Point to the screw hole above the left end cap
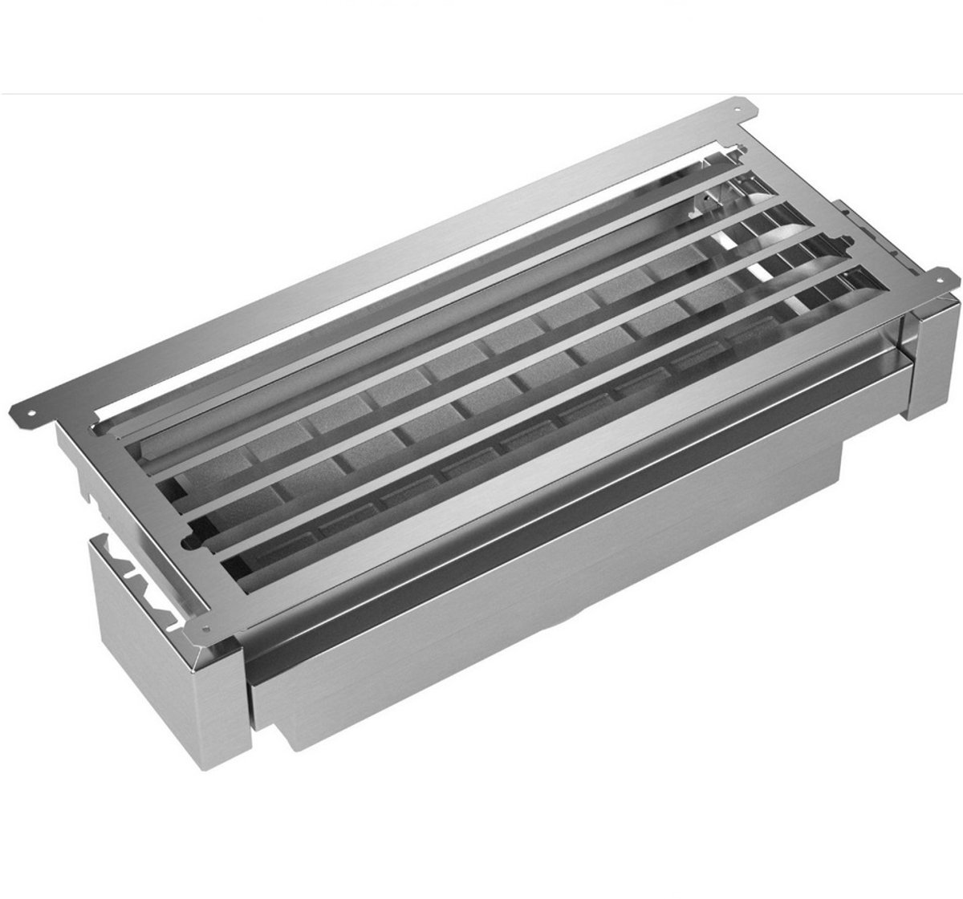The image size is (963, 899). (204, 627)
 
